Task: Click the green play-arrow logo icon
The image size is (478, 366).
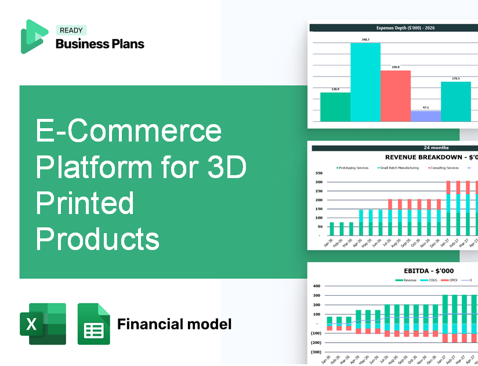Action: pyautogui.click(x=33, y=37)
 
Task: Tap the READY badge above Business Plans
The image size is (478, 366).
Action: pyautogui.click(x=71, y=30)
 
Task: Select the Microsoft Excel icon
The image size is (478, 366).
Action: pyautogui.click(x=43, y=324)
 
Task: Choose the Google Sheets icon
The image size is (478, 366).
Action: pyautogui.click(x=93, y=324)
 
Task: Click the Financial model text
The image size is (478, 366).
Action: pyautogui.click(x=174, y=324)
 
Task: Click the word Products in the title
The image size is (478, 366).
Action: pyautogui.click(x=97, y=239)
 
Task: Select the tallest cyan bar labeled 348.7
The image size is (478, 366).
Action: pyautogui.click(x=365, y=81)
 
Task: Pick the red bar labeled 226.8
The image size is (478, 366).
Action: pyautogui.click(x=396, y=96)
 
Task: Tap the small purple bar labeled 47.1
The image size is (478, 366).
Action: pyautogui.click(x=425, y=116)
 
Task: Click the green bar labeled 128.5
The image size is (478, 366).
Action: pyautogui.click(x=335, y=107)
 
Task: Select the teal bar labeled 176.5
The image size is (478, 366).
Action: pyautogui.click(x=456, y=102)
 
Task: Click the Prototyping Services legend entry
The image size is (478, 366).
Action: pyautogui.click(x=352, y=168)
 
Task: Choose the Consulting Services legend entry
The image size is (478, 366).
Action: pyautogui.click(x=443, y=168)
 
